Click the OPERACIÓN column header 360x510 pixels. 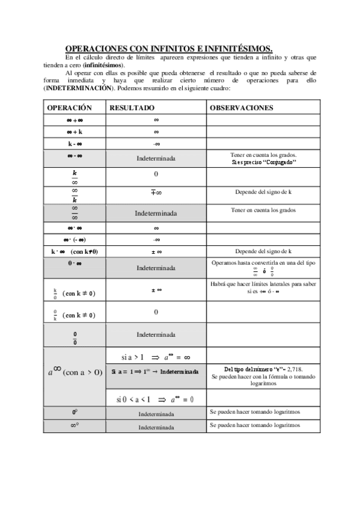point(69,108)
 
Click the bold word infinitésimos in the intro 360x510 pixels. point(103,64)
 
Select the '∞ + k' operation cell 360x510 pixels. point(75,131)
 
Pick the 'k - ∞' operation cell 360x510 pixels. point(75,144)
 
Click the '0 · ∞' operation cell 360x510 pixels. point(75,263)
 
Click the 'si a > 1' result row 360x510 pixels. point(155,356)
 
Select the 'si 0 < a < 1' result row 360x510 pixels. point(155,398)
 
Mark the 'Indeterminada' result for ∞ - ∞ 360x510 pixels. point(156,159)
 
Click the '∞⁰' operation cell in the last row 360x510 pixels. point(75,426)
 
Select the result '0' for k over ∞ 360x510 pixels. point(156,174)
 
